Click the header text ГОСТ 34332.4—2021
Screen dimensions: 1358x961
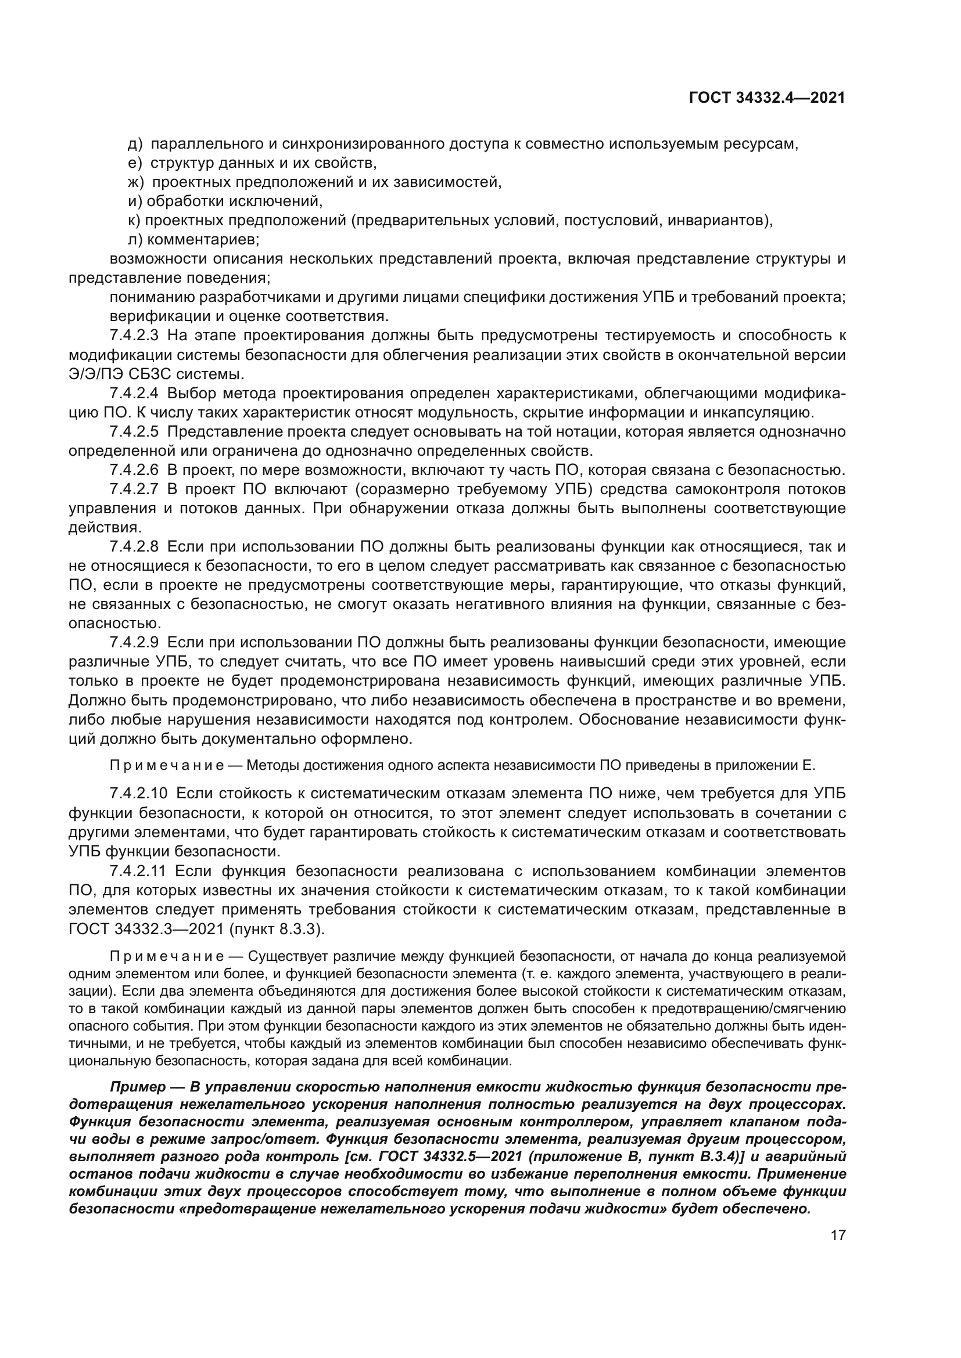(x=767, y=98)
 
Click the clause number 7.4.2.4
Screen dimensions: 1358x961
(x=134, y=393)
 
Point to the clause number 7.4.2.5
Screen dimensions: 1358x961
(x=134, y=432)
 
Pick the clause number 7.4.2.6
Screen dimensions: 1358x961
(x=134, y=470)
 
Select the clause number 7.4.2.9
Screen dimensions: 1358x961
(x=134, y=642)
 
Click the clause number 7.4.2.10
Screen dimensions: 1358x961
(x=138, y=793)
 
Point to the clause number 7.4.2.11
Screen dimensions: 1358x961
(x=138, y=871)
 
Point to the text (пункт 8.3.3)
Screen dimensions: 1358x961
(x=277, y=929)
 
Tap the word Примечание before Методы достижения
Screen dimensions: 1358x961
(x=167, y=766)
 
